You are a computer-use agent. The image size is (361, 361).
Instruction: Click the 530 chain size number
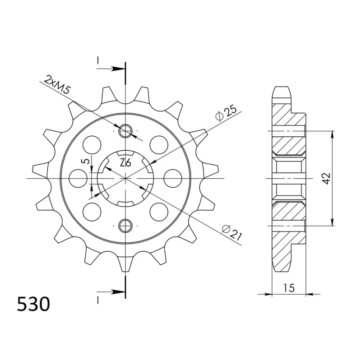[33, 304]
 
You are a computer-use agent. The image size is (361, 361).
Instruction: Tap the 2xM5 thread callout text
[57, 84]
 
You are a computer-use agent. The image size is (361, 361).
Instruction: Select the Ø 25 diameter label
[226, 113]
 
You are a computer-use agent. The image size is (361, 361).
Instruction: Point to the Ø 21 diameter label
[231, 232]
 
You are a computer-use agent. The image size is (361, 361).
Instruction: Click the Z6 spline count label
[125, 163]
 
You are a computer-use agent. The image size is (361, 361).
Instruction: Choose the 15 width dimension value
[289, 288]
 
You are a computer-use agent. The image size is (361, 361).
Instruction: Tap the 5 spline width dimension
[86, 161]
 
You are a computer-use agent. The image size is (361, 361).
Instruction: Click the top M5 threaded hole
[125, 131]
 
